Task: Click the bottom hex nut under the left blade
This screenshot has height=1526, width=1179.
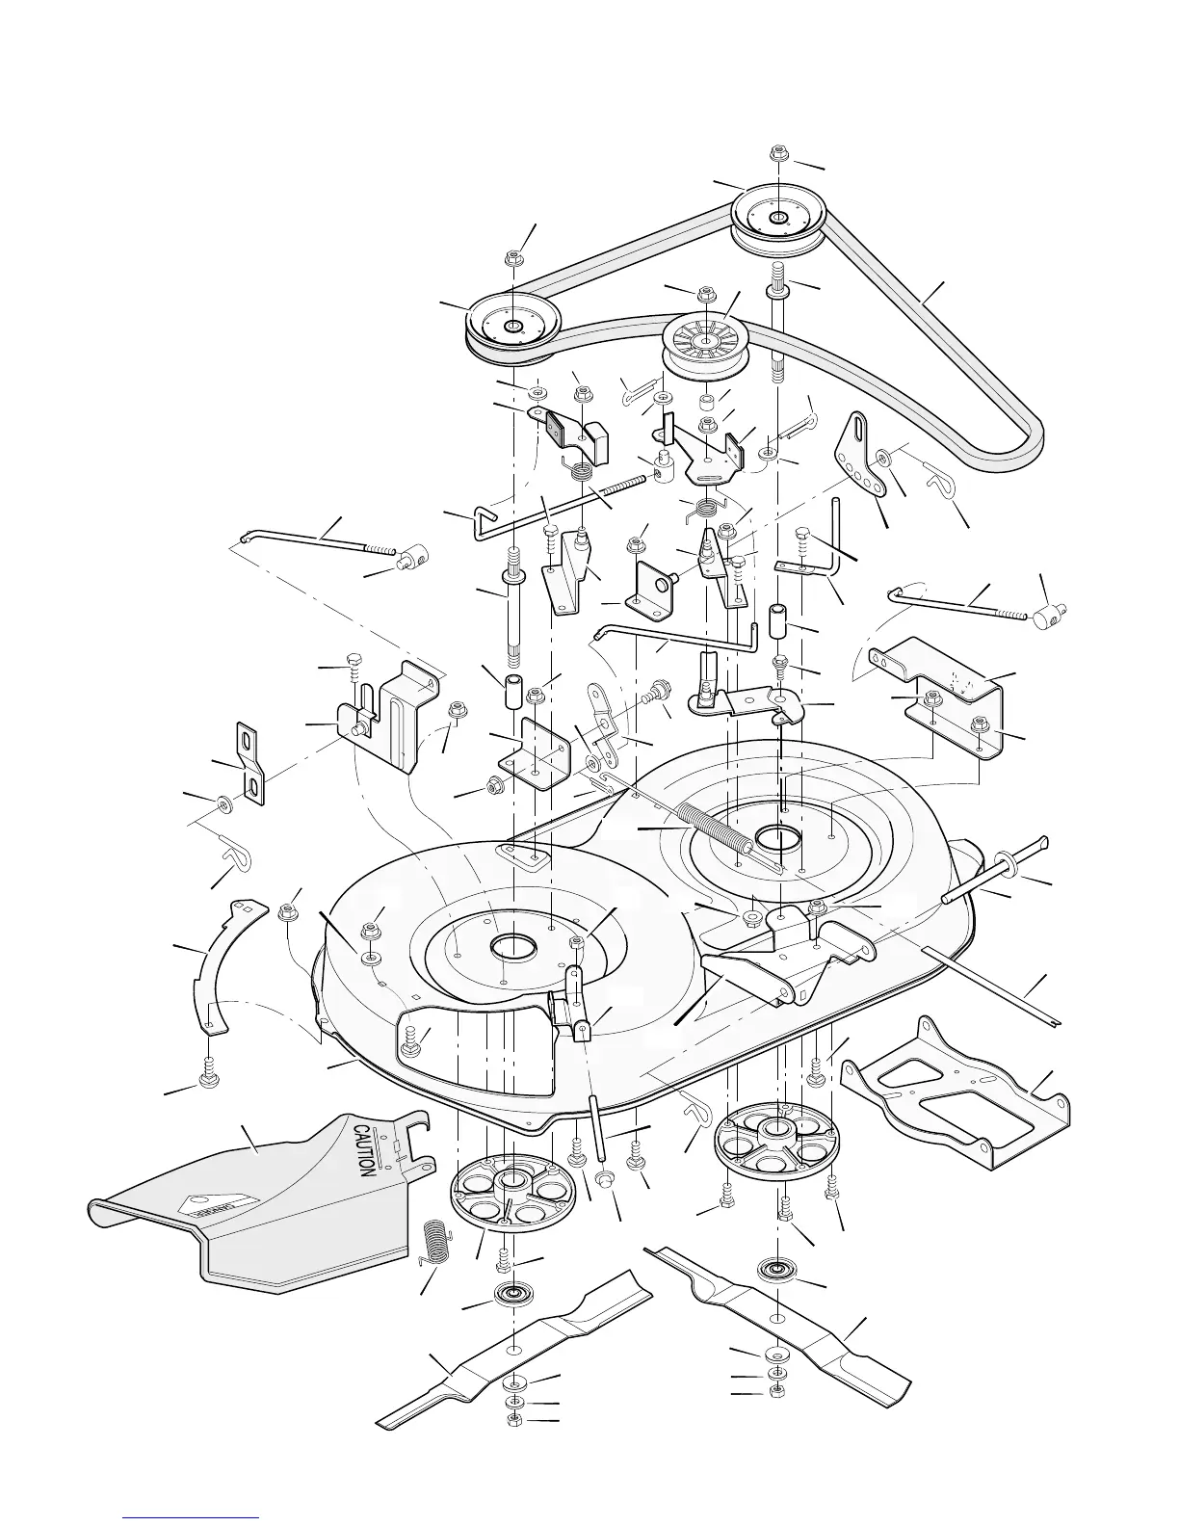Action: click(514, 1421)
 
